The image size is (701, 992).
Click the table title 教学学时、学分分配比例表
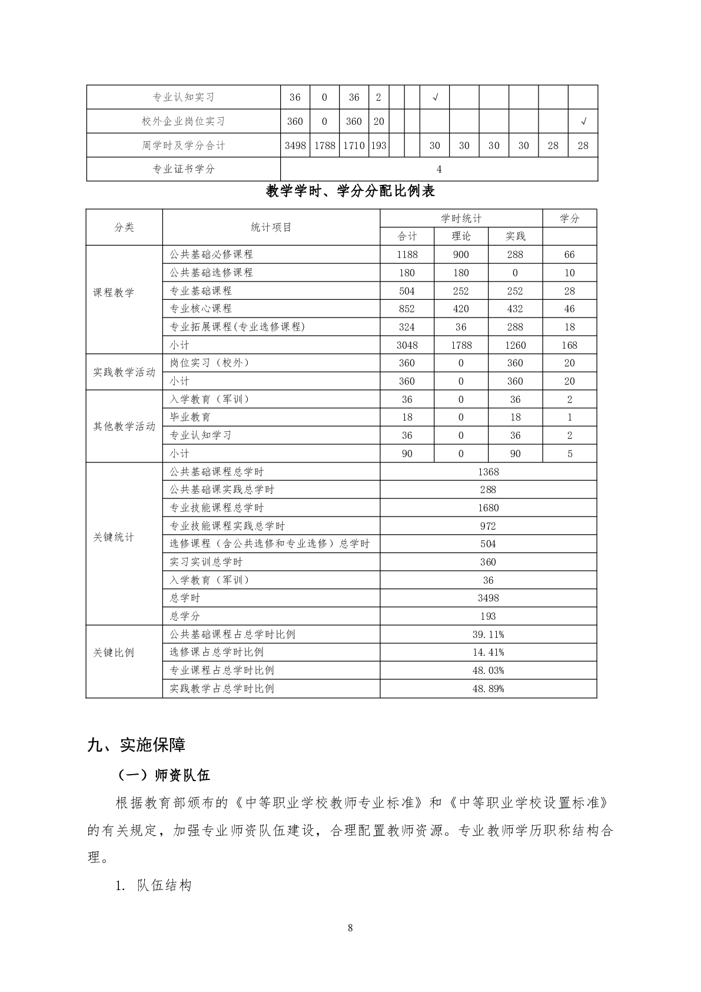[x=350, y=191]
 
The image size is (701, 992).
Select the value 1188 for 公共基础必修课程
[x=407, y=254]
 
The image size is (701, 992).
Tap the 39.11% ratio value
[x=488, y=634]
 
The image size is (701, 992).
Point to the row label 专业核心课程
[x=201, y=309]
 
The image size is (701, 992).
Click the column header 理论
[x=461, y=236]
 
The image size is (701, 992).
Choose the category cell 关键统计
[x=114, y=537]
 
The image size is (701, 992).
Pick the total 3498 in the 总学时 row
[x=488, y=598]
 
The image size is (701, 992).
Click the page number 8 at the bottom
[x=350, y=928]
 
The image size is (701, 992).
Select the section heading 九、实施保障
[x=137, y=745]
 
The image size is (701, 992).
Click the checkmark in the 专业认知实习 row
[x=435, y=97]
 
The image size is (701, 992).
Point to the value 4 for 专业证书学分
[x=439, y=169]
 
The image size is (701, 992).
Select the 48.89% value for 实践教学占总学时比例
[x=488, y=689]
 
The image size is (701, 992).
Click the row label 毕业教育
[x=190, y=417]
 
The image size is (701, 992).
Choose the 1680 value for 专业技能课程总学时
[x=488, y=508]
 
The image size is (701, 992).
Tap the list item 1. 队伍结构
[x=154, y=885]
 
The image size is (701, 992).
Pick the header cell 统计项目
[x=271, y=227]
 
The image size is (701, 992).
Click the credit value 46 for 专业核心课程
[x=569, y=309]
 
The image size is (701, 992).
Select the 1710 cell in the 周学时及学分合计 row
[x=354, y=146]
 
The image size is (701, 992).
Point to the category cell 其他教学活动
[x=124, y=426]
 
